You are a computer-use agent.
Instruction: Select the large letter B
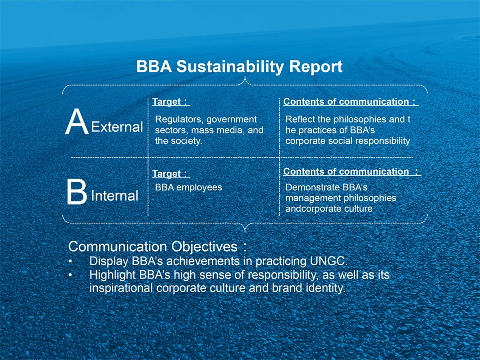[x=77, y=192]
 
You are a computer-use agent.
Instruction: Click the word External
[x=117, y=127]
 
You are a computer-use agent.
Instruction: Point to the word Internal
[x=115, y=196]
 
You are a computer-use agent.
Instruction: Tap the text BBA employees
[x=189, y=187]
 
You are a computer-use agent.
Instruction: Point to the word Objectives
[x=204, y=247]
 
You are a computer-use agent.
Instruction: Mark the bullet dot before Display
[x=70, y=262]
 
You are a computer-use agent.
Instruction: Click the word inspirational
[x=121, y=288]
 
